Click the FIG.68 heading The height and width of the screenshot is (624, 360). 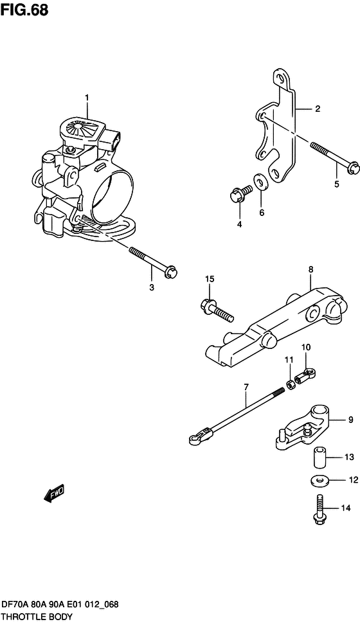point(24,10)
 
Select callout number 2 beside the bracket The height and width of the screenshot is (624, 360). point(318,109)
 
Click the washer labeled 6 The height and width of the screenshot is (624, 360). point(261,182)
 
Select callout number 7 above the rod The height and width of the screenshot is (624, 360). point(246,386)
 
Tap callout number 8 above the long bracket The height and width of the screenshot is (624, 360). point(310,269)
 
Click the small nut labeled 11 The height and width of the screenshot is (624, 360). point(291,384)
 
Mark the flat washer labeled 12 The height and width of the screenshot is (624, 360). point(319,480)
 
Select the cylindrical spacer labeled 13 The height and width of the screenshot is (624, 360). point(319,458)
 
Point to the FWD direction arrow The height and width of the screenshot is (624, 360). point(53,494)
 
